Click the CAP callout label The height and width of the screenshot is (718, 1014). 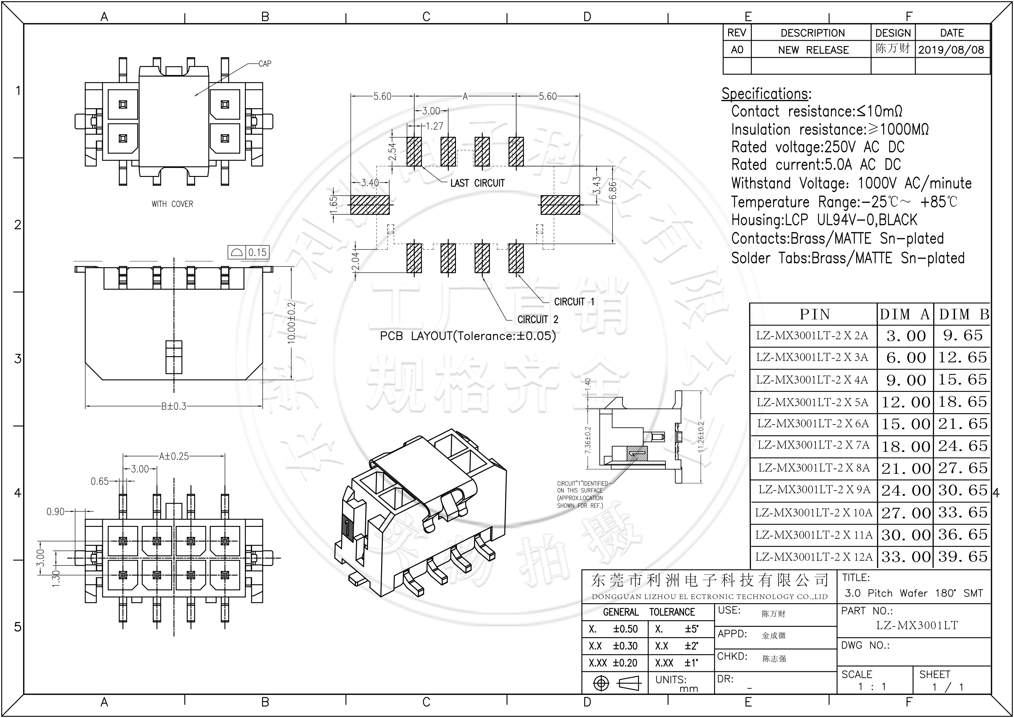tap(265, 64)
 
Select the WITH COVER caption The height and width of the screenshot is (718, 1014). tap(172, 204)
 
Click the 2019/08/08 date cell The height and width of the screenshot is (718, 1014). tap(951, 50)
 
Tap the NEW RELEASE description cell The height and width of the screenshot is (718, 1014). tap(813, 50)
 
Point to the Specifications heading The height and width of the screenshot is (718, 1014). tap(766, 94)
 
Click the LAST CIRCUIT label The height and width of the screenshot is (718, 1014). tap(477, 183)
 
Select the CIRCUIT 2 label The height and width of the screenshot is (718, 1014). tap(537, 319)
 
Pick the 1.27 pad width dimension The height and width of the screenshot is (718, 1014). tap(434, 126)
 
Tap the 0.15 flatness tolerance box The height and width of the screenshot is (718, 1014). tap(257, 252)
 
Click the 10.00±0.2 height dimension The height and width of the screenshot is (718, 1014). tap(292, 323)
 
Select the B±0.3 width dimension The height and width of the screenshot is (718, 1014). tap(174, 406)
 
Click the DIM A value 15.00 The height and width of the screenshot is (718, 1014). tap(906, 424)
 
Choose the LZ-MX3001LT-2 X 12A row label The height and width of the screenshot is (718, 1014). tap(814, 557)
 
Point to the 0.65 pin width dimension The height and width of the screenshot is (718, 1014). tap(100, 481)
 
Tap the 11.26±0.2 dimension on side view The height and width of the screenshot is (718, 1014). tap(701, 437)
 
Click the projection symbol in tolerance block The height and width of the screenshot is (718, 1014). tap(615, 684)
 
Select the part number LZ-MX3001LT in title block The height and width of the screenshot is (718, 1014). tap(917, 625)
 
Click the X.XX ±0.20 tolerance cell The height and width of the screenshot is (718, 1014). tap(613, 663)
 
